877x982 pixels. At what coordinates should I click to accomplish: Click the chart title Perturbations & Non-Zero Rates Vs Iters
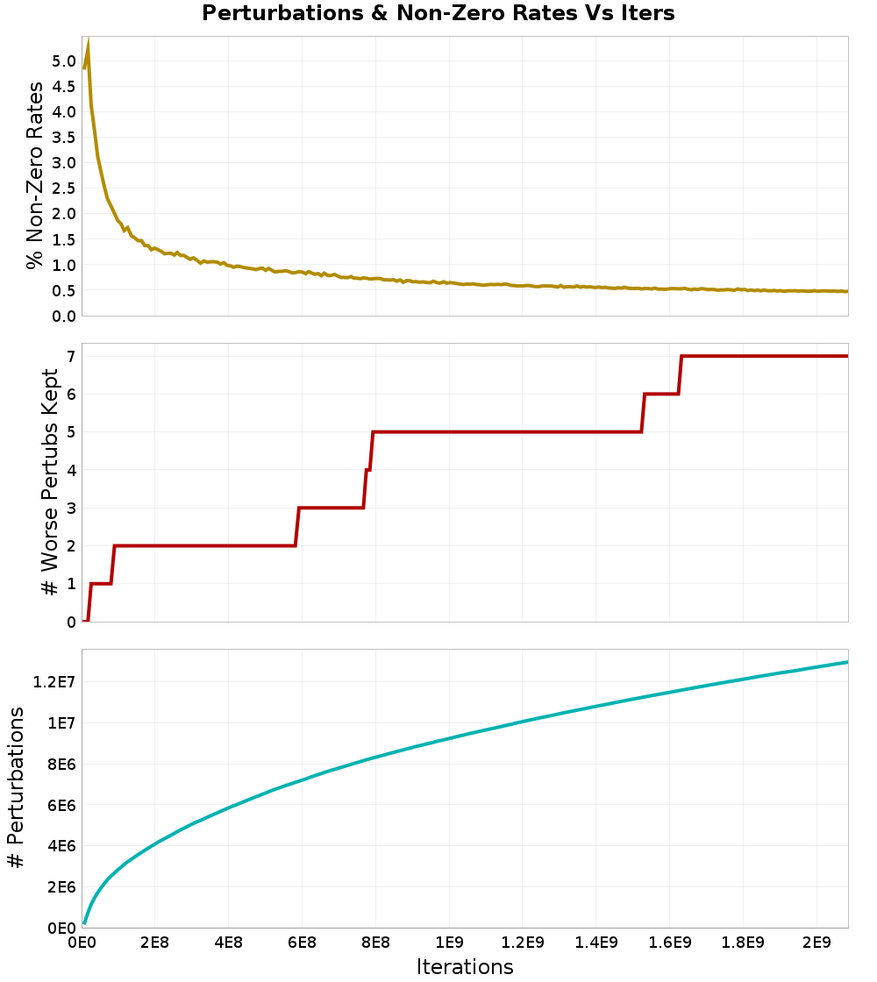point(438,13)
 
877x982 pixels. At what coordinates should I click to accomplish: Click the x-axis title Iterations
point(465,966)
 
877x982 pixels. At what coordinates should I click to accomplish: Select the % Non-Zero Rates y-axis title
point(34,175)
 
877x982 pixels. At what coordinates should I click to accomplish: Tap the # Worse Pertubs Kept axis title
point(51,482)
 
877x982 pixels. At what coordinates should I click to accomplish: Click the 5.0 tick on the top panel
point(63,60)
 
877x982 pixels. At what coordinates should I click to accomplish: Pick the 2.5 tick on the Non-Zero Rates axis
point(63,188)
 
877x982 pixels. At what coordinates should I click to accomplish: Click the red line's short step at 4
point(368,470)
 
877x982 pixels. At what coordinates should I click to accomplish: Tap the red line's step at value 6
point(661,394)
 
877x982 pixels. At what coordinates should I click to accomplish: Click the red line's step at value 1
point(101,584)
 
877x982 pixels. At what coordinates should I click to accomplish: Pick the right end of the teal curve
point(847,662)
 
